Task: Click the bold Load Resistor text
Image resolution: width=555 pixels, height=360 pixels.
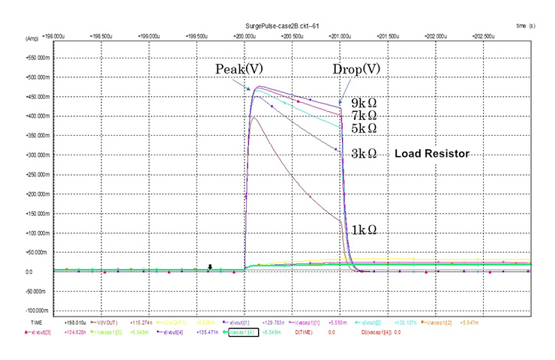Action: coord(431,154)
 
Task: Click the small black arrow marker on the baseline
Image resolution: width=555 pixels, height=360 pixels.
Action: coord(210,266)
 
